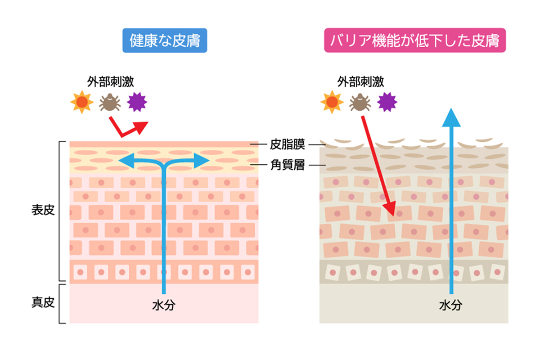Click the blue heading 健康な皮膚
pyautogui.click(x=165, y=41)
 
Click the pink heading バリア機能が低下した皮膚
pyautogui.click(x=415, y=41)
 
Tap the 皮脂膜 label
pyautogui.click(x=288, y=144)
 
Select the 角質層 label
pyautogui.click(x=288, y=165)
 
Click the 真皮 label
pyautogui.click(x=43, y=302)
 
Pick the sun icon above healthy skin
pyautogui.click(x=82, y=103)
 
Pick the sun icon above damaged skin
pyautogui.click(x=332, y=103)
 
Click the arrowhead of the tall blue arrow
pyautogui.click(x=450, y=118)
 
